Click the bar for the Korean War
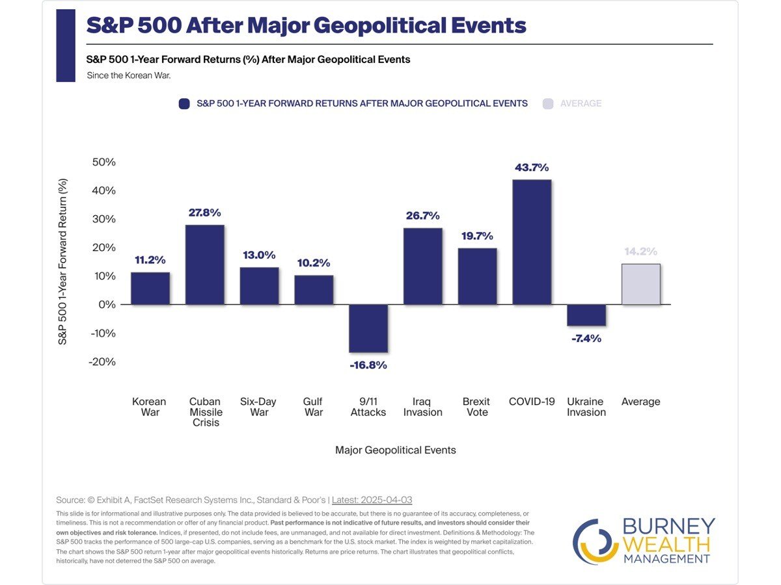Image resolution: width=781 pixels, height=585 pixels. pyautogui.click(x=150, y=288)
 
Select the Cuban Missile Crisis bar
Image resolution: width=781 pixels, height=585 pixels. pyautogui.click(x=205, y=265)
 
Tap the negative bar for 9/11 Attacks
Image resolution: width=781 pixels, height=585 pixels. pyautogui.click(x=368, y=328)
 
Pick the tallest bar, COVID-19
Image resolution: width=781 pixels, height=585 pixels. pyautogui.click(x=532, y=242)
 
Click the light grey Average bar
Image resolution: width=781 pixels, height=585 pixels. pyautogui.click(x=641, y=284)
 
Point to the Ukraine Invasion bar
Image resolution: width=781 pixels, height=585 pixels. pyautogui.click(x=586, y=315)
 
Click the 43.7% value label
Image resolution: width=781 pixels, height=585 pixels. pyautogui.click(x=532, y=167)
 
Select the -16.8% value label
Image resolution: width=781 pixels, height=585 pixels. pyautogui.click(x=368, y=365)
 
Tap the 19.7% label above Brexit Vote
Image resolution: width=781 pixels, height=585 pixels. pyautogui.click(x=477, y=236)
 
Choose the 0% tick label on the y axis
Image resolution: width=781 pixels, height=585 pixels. pyautogui.click(x=106, y=304)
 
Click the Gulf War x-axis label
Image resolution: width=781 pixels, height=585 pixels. pyautogui.click(x=313, y=407)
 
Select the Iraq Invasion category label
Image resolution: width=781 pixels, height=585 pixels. pyautogui.click(x=422, y=407)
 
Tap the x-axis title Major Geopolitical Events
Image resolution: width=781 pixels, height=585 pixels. pyautogui.click(x=395, y=450)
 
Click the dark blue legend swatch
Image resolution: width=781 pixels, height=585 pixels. pyautogui.click(x=184, y=103)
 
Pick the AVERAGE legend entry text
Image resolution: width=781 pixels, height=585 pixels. pyautogui.click(x=581, y=103)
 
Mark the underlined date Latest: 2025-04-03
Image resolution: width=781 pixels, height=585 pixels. pyautogui.click(x=372, y=500)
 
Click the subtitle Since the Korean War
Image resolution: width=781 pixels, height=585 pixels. pyautogui.click(x=129, y=75)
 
